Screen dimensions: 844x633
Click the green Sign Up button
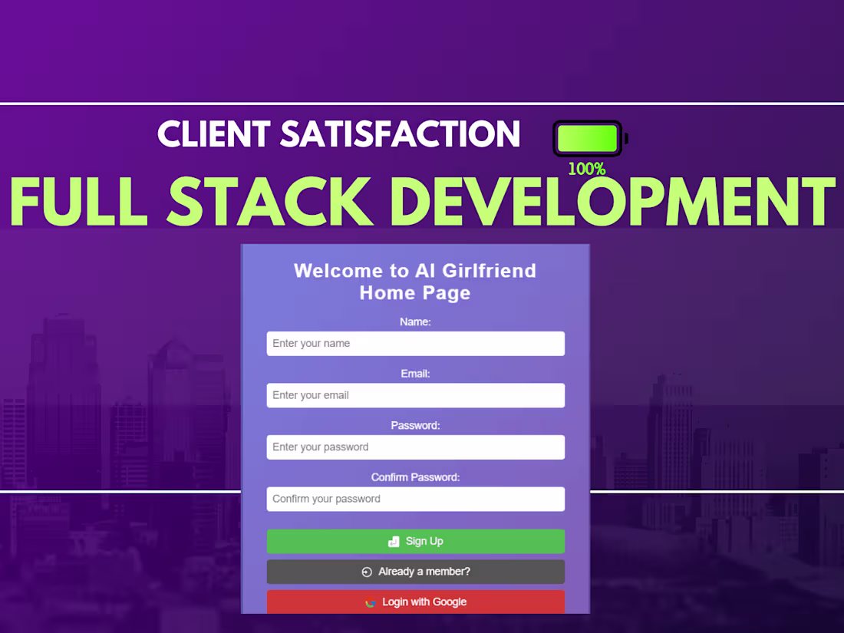click(416, 541)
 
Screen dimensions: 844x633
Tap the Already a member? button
click(416, 572)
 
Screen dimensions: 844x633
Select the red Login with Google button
click(416, 602)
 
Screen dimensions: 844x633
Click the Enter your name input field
click(416, 344)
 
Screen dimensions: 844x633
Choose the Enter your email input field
click(416, 395)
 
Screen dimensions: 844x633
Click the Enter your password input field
click(416, 447)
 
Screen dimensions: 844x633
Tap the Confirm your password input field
click(416, 499)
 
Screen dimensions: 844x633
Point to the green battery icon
click(590, 138)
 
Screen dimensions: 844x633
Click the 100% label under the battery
click(587, 170)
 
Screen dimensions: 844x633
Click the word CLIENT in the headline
click(214, 134)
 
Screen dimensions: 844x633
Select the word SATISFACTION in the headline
click(401, 134)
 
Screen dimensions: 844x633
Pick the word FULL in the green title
click(78, 201)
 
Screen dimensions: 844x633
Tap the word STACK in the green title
click(270, 201)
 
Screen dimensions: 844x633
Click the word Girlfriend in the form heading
click(490, 271)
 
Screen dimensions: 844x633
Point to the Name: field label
click(416, 322)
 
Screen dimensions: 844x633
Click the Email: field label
click(416, 374)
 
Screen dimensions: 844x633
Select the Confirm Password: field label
click(416, 477)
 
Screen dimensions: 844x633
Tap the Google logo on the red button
click(371, 603)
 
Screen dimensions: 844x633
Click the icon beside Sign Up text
click(394, 542)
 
